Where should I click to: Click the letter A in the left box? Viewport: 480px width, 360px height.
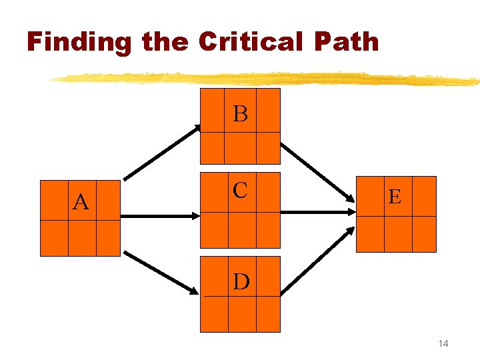pos(81,201)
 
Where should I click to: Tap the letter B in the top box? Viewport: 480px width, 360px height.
pos(241,114)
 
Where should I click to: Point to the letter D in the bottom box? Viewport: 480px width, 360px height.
pos(241,282)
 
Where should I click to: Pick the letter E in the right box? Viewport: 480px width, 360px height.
pos(395,197)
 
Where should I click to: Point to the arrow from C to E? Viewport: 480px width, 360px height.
pos(317,211)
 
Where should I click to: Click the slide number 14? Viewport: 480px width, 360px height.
pos(443,343)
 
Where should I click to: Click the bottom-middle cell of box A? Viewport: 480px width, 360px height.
pos(82,238)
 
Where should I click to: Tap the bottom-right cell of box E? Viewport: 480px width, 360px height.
pos(424,234)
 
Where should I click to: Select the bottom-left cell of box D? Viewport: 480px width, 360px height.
pos(214,314)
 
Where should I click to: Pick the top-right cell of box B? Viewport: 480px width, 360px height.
pos(268,111)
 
